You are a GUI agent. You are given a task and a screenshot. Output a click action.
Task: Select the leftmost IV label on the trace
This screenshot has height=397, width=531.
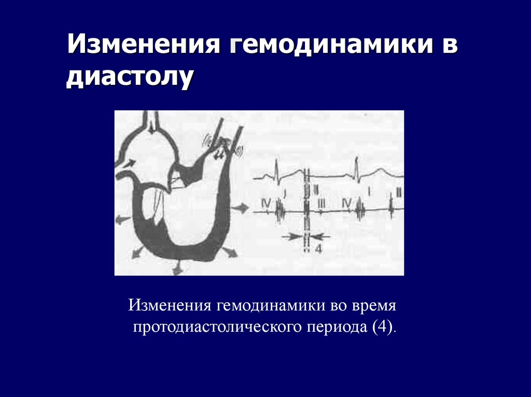pos(266,204)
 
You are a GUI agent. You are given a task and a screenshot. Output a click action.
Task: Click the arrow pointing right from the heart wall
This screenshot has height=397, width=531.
pos(242,208)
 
